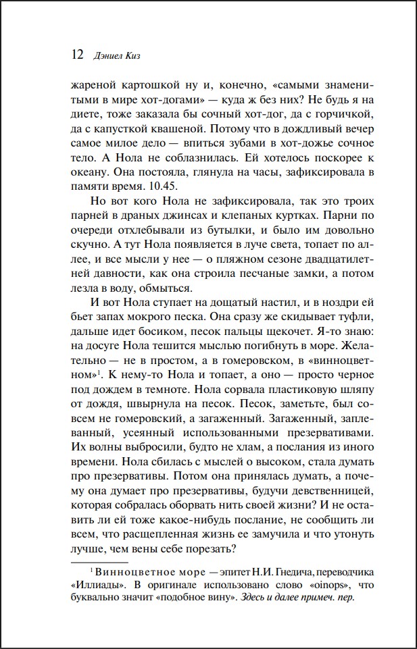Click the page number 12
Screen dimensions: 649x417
pos(76,54)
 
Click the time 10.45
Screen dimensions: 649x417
pos(162,186)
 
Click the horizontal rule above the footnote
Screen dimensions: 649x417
pos(99,561)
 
